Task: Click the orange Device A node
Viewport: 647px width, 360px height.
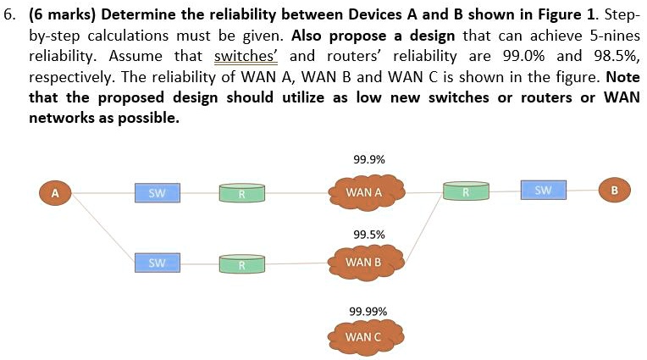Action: click(54, 193)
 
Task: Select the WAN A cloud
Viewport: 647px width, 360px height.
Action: click(364, 192)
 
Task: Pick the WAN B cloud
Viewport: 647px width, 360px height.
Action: click(364, 262)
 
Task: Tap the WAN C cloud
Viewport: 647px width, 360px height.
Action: click(364, 337)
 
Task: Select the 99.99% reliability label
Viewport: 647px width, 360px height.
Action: click(368, 311)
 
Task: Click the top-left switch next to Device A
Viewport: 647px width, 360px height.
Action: click(157, 193)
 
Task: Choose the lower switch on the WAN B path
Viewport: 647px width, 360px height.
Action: click(157, 263)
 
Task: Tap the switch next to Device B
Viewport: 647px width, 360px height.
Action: click(543, 191)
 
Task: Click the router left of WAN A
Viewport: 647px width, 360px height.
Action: click(241, 193)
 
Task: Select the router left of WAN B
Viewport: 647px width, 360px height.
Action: click(241, 264)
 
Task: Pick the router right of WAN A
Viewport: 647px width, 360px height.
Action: click(466, 191)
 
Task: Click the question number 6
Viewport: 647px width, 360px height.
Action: click(11, 15)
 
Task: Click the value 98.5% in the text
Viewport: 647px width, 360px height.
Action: click(616, 56)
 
